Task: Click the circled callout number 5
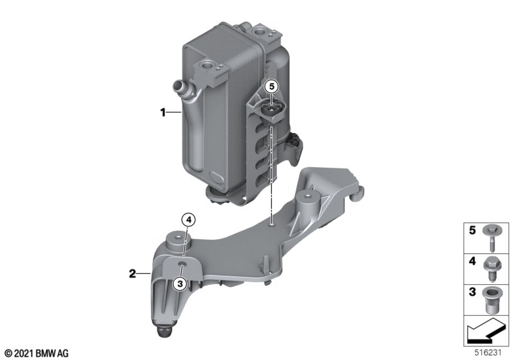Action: click(271, 87)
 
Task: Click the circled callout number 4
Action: click(188, 221)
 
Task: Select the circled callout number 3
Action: click(180, 283)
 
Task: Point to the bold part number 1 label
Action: click(163, 113)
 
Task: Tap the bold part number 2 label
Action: click(132, 273)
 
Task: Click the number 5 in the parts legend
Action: click(472, 231)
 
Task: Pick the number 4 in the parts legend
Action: click(472, 261)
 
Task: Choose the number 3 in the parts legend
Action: click(472, 292)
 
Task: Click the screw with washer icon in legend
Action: click(491, 237)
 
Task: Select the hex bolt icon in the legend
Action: click(491, 268)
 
